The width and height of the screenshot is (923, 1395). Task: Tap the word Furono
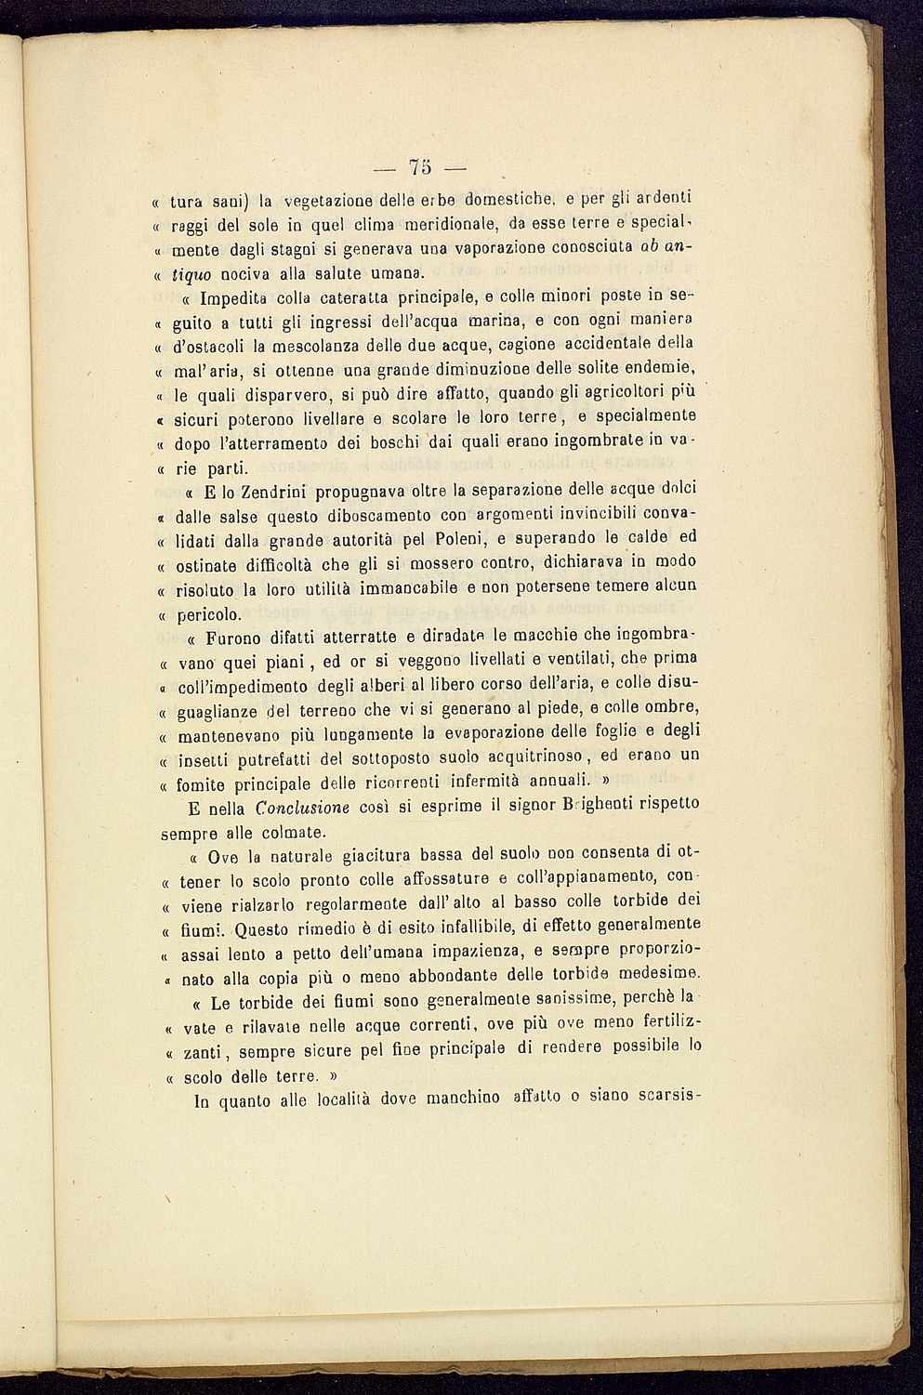pos(238,638)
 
